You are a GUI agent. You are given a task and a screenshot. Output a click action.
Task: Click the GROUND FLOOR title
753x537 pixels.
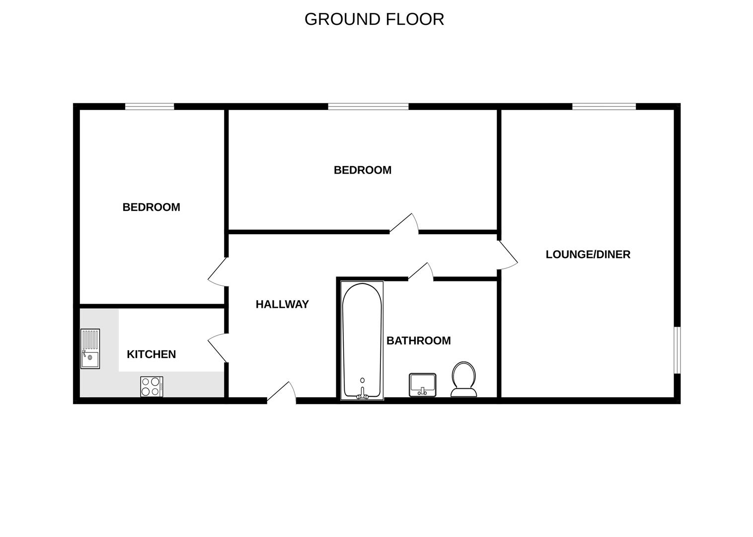pos(374,19)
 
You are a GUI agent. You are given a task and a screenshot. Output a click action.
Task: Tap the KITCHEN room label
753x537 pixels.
pos(151,355)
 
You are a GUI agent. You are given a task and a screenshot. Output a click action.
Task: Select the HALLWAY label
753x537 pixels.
pos(282,304)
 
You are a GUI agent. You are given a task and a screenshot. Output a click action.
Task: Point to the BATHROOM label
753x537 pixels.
pos(419,341)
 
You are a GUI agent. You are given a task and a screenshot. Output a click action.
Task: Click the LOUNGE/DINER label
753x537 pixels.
pos(588,255)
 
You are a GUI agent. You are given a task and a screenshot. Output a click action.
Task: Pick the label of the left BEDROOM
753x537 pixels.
pos(151,207)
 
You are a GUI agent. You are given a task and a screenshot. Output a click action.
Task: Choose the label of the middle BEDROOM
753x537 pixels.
pos(363,170)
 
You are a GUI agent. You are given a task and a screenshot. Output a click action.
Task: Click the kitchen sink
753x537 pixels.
pos(90,349)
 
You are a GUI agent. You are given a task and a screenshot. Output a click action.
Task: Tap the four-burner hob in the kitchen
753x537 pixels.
pos(151,386)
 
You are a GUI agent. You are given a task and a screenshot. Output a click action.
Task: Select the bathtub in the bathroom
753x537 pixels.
pos(362,341)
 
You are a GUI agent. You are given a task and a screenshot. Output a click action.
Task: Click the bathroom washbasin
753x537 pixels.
pos(422,385)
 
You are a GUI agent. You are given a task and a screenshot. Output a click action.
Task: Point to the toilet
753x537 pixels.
pos(464,379)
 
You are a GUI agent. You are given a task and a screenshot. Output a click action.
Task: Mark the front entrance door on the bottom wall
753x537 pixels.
pos(281,393)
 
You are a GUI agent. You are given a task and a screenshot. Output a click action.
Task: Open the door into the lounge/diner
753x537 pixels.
pos(508,255)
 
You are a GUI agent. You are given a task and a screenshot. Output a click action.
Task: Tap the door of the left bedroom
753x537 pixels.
pos(218,273)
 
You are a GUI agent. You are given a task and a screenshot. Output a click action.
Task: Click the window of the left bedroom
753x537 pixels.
pos(150,106)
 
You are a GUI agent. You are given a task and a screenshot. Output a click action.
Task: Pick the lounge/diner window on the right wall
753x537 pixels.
pos(677,350)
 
